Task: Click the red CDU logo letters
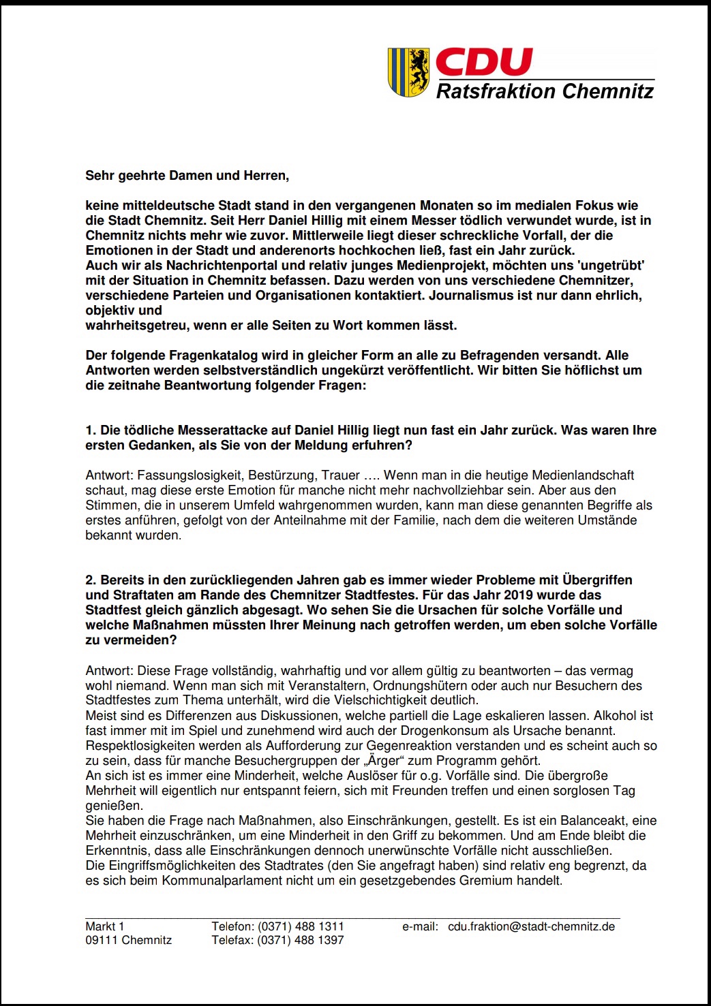tap(483, 63)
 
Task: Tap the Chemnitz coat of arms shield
tap(408, 72)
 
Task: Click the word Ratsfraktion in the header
tap(496, 91)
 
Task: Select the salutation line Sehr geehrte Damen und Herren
tap(187, 176)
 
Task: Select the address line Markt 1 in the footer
tap(105, 926)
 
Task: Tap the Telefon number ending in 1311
tap(300, 926)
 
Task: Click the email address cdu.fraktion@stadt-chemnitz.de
tap(531, 926)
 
